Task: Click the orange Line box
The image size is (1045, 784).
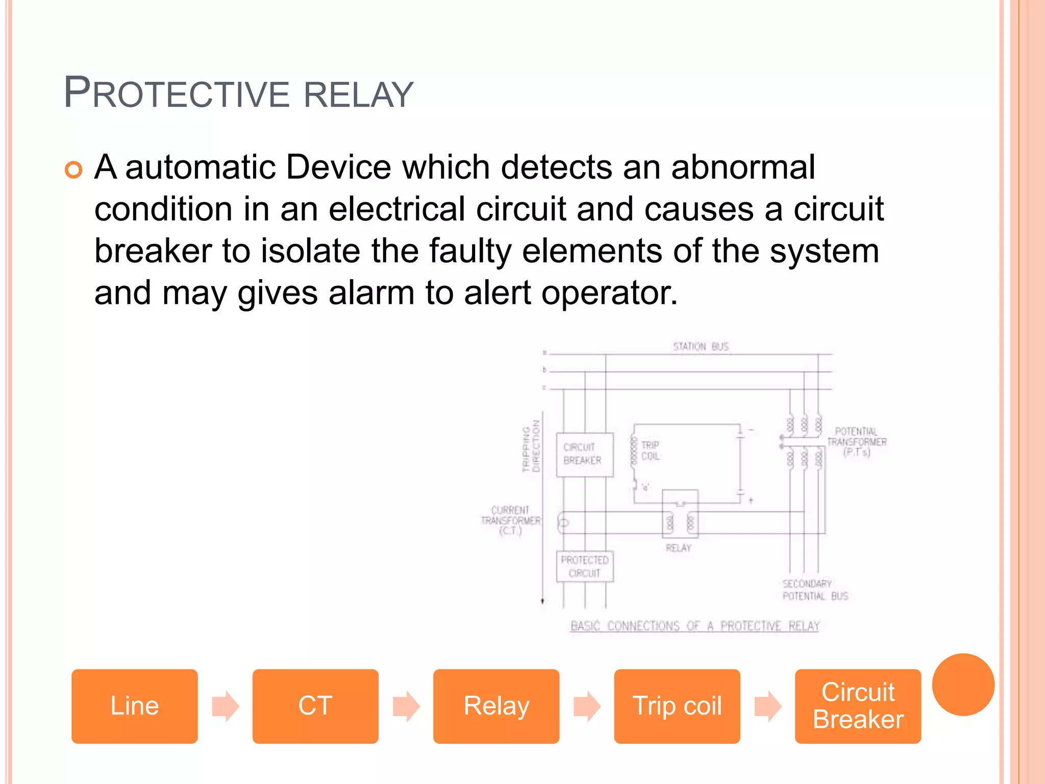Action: tap(134, 706)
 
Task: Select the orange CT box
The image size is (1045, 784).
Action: tap(315, 706)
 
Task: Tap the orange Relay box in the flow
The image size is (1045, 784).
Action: tap(496, 706)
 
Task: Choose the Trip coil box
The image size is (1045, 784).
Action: tap(677, 706)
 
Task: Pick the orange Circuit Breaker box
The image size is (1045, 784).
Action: tap(858, 706)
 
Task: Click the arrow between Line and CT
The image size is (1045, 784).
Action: tap(225, 706)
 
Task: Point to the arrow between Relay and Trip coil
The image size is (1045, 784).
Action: tap(587, 706)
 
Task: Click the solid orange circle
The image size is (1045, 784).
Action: tap(963, 684)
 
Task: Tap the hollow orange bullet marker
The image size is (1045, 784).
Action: tap(73, 170)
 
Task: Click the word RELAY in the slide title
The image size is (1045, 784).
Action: tap(358, 95)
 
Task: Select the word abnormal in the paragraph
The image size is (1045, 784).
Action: tap(743, 167)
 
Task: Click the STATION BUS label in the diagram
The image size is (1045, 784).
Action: tap(701, 347)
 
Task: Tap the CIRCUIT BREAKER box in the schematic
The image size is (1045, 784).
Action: tap(584, 454)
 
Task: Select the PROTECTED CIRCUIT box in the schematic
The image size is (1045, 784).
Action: tap(584, 567)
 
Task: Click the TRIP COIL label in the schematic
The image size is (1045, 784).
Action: tap(650, 451)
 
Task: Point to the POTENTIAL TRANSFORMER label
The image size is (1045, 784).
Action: tap(857, 442)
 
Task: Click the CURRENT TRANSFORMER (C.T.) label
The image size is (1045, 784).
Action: tap(510, 520)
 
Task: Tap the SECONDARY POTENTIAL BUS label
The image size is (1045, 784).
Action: tap(815, 590)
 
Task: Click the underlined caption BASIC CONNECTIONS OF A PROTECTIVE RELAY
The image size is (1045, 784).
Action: tap(694, 626)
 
